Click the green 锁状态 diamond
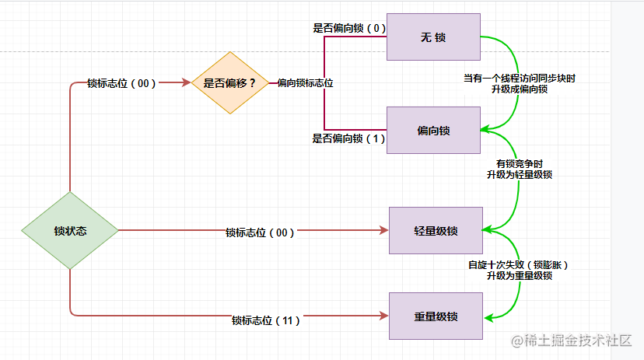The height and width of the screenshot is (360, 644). pos(70,231)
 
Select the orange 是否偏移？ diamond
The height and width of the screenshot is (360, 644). pos(229,82)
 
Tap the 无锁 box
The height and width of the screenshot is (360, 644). pos(432,37)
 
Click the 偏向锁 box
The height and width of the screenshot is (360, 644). pos(433,131)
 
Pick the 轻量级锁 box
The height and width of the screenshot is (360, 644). pos(436,231)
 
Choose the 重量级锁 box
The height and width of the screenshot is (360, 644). pos(436,316)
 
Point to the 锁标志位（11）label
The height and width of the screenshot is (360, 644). pos(266,320)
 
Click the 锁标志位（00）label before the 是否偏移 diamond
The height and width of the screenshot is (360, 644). pos(121,83)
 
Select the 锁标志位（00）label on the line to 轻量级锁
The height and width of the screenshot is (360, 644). pos(260,232)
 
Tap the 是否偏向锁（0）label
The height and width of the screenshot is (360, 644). pos(349,28)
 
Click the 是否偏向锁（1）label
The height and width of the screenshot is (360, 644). pos(348,138)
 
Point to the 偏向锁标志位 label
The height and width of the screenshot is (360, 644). pos(305,83)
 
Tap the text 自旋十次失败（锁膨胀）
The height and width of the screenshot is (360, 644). pos(519,264)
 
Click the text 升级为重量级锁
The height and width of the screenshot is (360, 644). pos(519,275)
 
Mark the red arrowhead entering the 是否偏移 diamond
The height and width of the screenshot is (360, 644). pos(187,82)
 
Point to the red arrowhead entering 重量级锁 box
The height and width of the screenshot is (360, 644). pos(383,315)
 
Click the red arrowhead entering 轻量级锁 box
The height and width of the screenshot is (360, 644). pos(383,230)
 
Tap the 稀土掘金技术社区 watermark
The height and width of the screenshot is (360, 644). pos(571,341)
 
